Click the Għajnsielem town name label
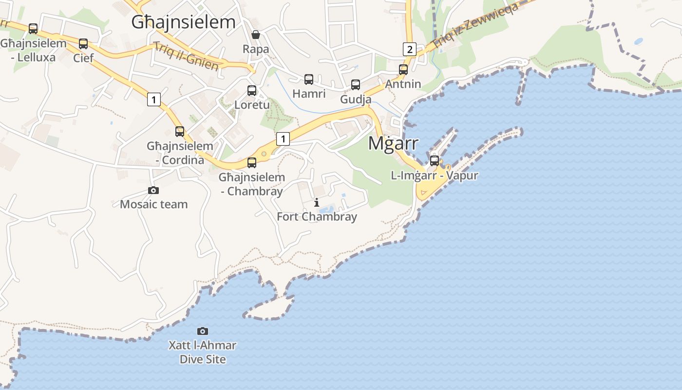[x=184, y=22]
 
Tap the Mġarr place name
[x=393, y=143]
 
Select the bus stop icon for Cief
[x=83, y=44]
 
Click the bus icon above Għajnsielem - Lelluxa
[x=33, y=29]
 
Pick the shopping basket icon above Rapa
[x=255, y=35]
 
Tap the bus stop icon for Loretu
[x=252, y=91]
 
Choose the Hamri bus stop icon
[x=309, y=79]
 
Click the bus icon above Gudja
[x=356, y=85]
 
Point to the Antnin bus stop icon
[x=403, y=70]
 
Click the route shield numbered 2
[x=409, y=49]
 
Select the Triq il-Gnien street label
[x=186, y=56]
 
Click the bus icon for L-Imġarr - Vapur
[x=434, y=161]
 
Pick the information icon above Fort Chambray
[x=317, y=202]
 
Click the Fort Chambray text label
[x=317, y=217]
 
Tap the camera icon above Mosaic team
[x=153, y=191]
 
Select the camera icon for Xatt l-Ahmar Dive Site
[x=202, y=331]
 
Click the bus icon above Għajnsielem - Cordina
[x=180, y=132]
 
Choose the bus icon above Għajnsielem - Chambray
[x=252, y=163]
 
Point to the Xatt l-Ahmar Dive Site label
[x=202, y=352]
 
